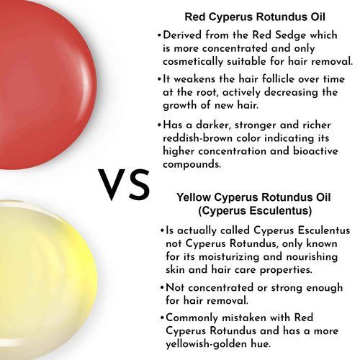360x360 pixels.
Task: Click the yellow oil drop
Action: [45, 279]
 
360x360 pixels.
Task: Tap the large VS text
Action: [124, 185]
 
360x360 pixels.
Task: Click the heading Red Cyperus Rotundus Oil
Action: [255, 17]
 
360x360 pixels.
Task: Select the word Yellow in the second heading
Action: [194, 197]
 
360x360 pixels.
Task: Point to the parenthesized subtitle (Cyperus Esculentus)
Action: [255, 211]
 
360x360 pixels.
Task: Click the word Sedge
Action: [291, 35]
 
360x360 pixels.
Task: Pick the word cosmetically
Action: [193, 62]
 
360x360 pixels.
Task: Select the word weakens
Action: [194, 79]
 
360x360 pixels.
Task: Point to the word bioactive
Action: [315, 151]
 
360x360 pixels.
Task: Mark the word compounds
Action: [192, 165]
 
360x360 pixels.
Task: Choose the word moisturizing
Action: [229, 257]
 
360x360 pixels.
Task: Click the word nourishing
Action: [312, 256]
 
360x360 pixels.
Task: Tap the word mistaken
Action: [244, 318]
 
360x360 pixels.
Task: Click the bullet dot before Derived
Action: [159, 35]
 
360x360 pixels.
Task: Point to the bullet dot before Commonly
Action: [162, 318]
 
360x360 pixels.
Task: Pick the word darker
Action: [213, 125]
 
